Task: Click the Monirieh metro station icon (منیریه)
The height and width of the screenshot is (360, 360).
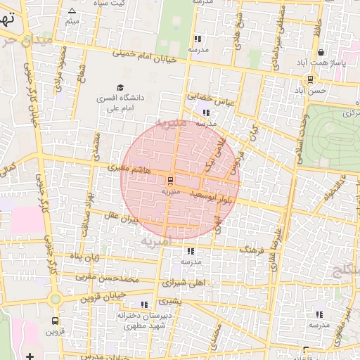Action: pyautogui.click(x=171, y=181)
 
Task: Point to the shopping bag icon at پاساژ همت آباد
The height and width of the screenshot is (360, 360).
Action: pyautogui.click(x=321, y=52)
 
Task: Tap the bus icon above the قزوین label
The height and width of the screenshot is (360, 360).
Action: pyautogui.click(x=54, y=321)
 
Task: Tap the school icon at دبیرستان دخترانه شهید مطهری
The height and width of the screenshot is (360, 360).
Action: pyautogui.click(x=144, y=305)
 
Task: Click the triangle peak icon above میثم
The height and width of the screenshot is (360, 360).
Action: pyautogui.click(x=72, y=11)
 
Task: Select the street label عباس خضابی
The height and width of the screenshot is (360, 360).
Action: pyautogui.click(x=205, y=96)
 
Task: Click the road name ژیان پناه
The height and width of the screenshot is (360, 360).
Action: pyautogui.click(x=81, y=258)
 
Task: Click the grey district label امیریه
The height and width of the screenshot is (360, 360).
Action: pyautogui.click(x=155, y=241)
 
